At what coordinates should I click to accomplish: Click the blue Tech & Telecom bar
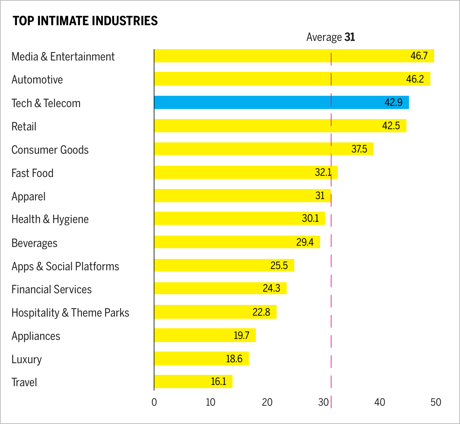click(x=281, y=102)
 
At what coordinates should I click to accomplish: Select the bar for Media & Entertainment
click(x=294, y=56)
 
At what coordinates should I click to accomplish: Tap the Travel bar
click(x=193, y=381)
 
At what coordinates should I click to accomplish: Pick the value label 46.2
click(x=415, y=79)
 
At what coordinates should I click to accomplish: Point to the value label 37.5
click(x=359, y=149)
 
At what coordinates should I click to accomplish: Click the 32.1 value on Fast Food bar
click(x=323, y=172)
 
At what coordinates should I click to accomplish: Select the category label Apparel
click(x=28, y=197)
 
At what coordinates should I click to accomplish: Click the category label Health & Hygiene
click(x=50, y=219)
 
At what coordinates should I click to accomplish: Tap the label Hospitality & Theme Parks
click(x=70, y=313)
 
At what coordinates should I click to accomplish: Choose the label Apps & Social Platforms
click(x=65, y=266)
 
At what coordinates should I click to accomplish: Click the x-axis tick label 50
click(x=436, y=402)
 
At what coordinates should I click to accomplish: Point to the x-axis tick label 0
click(x=154, y=402)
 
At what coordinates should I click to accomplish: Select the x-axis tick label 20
click(x=267, y=402)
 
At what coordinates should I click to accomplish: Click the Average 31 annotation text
click(x=331, y=37)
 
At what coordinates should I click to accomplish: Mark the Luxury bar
click(x=201, y=358)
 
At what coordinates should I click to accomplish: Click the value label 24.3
click(x=271, y=288)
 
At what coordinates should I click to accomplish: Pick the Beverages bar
click(x=237, y=242)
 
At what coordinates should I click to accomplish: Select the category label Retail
click(x=24, y=127)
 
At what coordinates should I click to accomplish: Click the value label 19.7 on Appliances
click(x=241, y=335)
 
